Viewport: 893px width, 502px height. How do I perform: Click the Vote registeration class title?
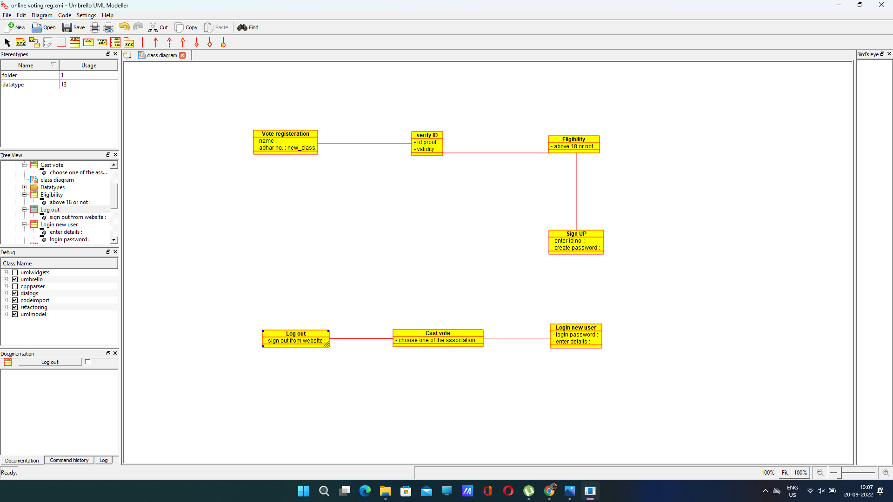tap(285, 134)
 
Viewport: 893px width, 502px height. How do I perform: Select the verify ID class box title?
tap(427, 135)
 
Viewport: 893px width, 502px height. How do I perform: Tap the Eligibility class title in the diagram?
tap(573, 139)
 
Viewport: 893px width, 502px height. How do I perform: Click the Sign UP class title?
tap(576, 234)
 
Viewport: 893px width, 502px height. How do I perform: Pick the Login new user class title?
tap(576, 328)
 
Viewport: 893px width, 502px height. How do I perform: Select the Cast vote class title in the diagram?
tap(438, 333)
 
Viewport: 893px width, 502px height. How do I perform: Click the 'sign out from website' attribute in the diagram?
tap(295, 341)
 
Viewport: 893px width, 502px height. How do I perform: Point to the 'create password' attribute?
tap(576, 248)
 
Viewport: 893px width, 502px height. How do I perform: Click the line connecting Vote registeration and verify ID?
tap(364, 144)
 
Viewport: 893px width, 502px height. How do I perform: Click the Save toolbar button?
tap(73, 27)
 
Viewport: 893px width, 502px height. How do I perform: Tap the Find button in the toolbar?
tap(248, 27)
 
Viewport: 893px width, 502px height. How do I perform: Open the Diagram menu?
tap(42, 15)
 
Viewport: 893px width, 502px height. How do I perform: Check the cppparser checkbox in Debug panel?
tap(15, 286)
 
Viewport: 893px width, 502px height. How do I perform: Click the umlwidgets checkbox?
tap(15, 272)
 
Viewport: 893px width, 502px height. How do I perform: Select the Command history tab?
tap(69, 460)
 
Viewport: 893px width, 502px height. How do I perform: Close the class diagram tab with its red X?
tap(183, 55)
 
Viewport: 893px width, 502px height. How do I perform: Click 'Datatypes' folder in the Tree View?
tap(53, 187)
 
